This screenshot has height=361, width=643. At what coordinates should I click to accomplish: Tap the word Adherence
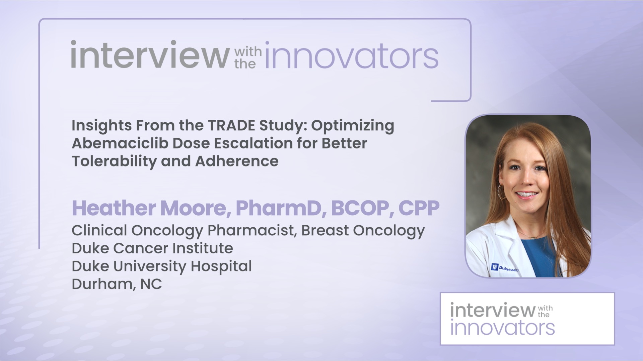[236, 161]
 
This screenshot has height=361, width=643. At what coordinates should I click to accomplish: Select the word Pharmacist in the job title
[252, 230]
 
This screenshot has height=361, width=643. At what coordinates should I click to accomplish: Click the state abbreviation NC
[151, 284]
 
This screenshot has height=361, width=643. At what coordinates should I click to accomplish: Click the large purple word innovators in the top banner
[352, 56]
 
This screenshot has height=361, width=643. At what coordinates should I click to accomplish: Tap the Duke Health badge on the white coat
[505, 268]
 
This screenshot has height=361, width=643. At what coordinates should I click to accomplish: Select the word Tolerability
[114, 161]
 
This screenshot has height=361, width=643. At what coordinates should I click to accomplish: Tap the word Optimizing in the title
[353, 126]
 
